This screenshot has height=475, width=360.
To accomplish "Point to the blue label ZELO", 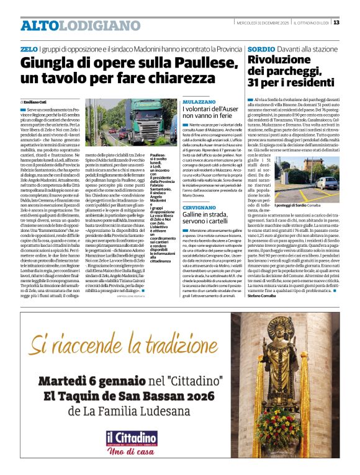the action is [x=29, y=48].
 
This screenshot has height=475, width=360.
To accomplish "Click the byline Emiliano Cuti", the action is [x=37, y=101].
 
